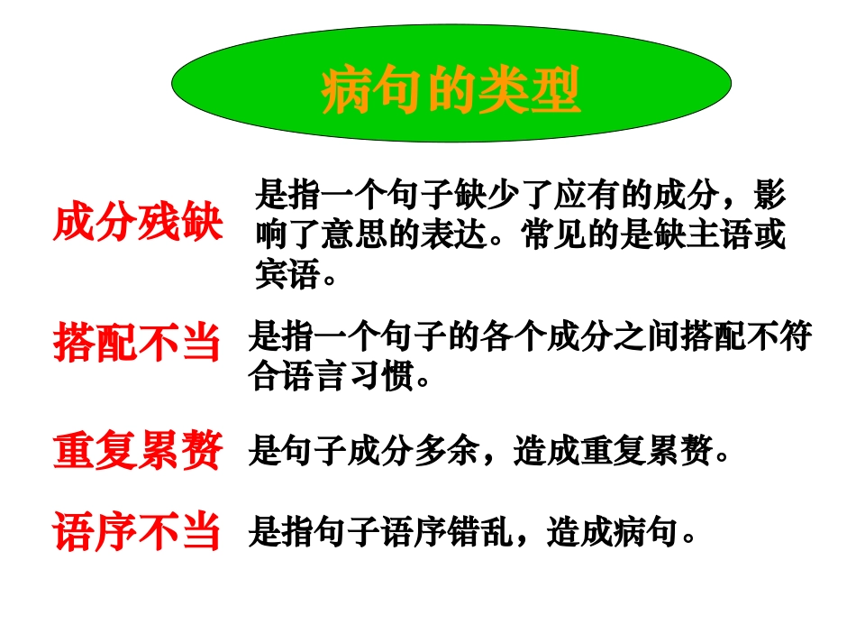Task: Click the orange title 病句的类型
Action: click(x=451, y=92)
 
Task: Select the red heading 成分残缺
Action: click(x=138, y=223)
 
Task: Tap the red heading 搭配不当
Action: click(x=137, y=343)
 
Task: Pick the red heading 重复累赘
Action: click(x=137, y=451)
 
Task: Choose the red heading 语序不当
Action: click(x=137, y=532)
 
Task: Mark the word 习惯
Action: click(x=382, y=377)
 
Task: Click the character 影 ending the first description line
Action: click(x=769, y=195)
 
